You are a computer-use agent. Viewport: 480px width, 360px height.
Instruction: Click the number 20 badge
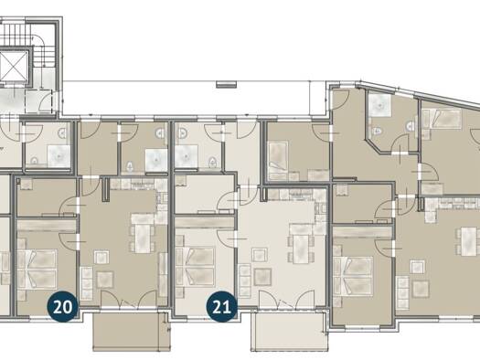point(62,307)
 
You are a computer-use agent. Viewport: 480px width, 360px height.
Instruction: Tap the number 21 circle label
point(221,307)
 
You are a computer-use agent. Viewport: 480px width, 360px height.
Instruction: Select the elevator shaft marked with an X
point(14,66)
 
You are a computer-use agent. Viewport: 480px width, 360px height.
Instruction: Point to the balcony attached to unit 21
point(288,332)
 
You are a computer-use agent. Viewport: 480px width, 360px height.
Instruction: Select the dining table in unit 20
point(144,238)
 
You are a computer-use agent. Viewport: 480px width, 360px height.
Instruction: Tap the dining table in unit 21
point(301,249)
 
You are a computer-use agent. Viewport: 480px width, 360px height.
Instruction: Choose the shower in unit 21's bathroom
point(186,156)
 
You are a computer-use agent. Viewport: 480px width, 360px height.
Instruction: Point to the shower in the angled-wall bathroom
point(379,105)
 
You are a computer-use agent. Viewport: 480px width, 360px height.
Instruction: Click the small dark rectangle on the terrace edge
point(227,84)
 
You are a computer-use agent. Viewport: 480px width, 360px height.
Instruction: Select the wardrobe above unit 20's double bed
point(47,226)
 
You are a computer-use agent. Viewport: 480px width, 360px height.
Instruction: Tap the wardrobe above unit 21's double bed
point(204,223)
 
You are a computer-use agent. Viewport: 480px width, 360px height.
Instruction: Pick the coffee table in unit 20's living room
point(101,258)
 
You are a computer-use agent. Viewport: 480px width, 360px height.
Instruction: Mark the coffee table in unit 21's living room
point(259,255)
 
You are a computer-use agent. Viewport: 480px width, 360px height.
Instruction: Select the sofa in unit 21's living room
point(245,281)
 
